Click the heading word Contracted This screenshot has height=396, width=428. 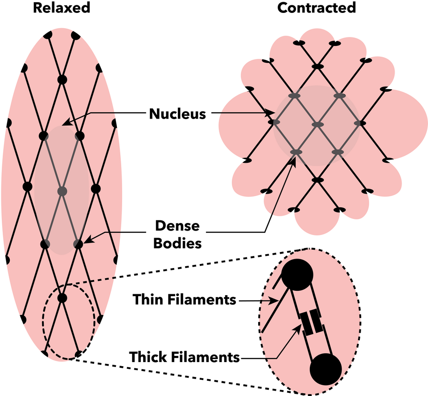pos(317,8)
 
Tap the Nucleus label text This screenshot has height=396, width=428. pos(177,114)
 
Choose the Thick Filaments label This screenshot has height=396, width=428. pos(185,357)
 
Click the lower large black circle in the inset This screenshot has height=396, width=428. pos(326,369)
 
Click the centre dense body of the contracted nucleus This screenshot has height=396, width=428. pos(317,124)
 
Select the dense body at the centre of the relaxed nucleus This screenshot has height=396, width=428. pos(62,191)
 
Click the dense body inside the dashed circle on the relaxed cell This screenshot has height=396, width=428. pos(62,297)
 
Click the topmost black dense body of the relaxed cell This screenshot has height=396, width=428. pos(62,79)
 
